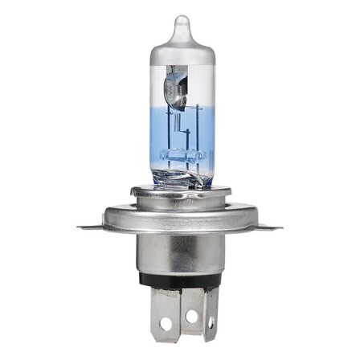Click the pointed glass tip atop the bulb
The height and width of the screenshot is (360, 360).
(182, 24)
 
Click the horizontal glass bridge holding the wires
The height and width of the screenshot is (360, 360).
(180, 152)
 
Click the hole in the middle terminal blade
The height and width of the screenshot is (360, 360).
(190, 317)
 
